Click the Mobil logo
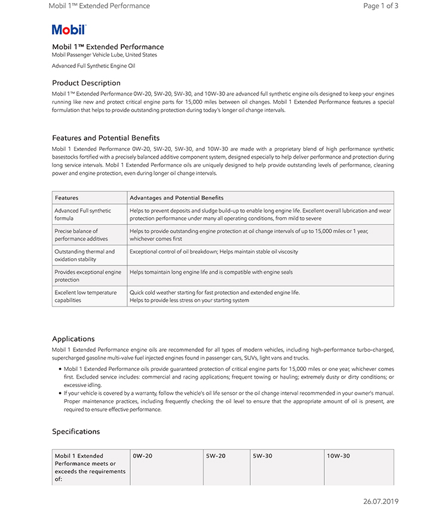pos(69,29)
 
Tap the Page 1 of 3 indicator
pos(381,6)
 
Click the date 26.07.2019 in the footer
pos(381,501)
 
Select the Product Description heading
pos(86,83)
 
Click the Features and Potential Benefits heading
pos(106,138)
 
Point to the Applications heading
pos(73,339)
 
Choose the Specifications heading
pos(76,431)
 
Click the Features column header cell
pos(66,197)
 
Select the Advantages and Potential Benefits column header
pos(177,197)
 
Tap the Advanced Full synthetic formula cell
pos(83,214)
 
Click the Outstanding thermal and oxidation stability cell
pos(84,255)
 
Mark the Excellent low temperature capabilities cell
pos(85,296)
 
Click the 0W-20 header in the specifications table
pos(143,456)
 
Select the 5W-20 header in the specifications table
pos(216,456)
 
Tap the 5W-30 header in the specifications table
pos(262,456)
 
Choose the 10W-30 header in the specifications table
pos(338,456)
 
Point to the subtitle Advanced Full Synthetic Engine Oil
pos(93,66)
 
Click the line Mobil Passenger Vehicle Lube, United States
pos(105,55)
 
